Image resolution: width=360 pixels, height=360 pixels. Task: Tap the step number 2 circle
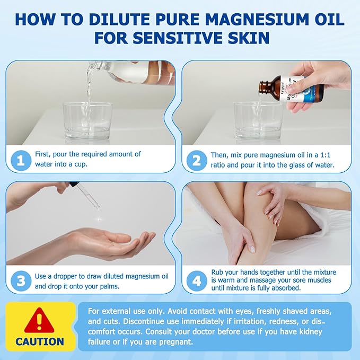click(x=196, y=160)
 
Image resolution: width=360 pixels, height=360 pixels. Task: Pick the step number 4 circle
click(x=196, y=280)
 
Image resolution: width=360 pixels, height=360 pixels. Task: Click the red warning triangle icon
click(x=40, y=320)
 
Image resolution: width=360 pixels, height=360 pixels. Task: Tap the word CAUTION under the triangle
click(x=40, y=341)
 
